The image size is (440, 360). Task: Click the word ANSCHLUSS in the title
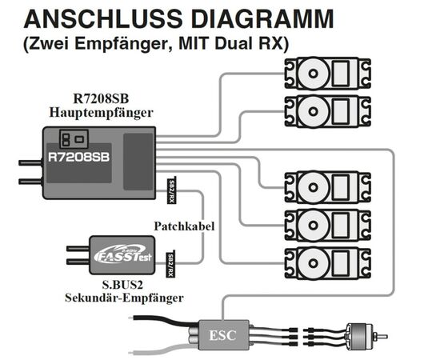click(x=103, y=18)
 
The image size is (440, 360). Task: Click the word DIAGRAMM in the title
click(x=262, y=18)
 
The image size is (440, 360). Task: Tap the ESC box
click(x=223, y=335)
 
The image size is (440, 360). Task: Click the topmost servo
click(x=327, y=74)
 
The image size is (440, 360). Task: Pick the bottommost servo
click(x=327, y=263)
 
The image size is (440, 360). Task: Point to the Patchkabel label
click(x=184, y=226)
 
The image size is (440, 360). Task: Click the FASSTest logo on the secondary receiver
click(x=122, y=254)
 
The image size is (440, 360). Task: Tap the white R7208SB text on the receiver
click(x=78, y=157)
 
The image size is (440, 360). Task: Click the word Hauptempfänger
click(x=102, y=113)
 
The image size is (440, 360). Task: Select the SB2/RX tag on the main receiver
click(x=171, y=191)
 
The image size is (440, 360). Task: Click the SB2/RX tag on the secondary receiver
click(x=170, y=264)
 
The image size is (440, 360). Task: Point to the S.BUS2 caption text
click(x=122, y=285)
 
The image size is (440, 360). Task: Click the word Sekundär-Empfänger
click(x=124, y=298)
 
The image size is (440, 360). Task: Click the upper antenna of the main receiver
click(x=30, y=162)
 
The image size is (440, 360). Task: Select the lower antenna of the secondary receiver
click(x=78, y=262)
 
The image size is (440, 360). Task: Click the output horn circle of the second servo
click(x=313, y=111)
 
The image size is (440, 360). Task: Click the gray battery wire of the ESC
click(x=162, y=347)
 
